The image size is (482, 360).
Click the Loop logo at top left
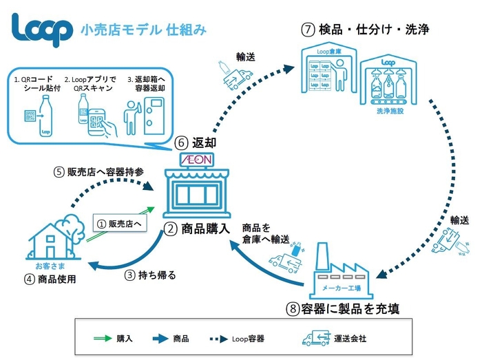click(42, 29)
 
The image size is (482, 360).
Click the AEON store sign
click(198, 159)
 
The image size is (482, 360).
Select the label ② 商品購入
click(197, 229)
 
